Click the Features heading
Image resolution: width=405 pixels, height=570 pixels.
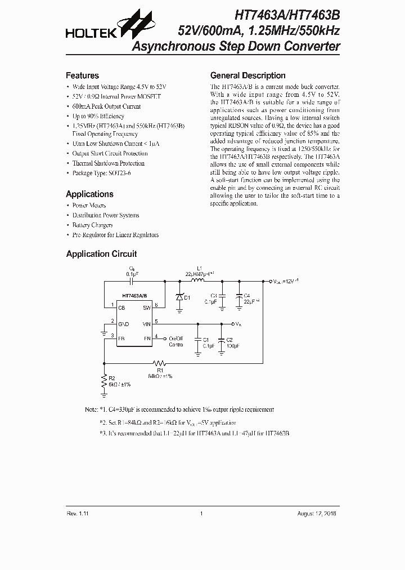(82, 75)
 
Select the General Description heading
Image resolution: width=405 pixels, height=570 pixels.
(247, 75)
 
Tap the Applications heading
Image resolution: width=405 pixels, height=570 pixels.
(89, 194)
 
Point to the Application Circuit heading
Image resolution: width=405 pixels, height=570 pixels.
(101, 254)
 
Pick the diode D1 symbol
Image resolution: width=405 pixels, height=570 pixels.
(179, 296)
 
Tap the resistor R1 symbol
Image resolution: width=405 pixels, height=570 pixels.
(160, 363)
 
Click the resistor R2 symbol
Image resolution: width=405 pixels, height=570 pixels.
(104, 383)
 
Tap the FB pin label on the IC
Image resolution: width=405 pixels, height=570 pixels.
(121, 337)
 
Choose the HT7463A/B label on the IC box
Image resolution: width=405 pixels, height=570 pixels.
(135, 296)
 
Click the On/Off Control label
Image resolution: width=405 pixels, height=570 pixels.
(176, 341)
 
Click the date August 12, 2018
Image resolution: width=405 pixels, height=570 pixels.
(317, 514)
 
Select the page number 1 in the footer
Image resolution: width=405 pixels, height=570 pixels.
(201, 514)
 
